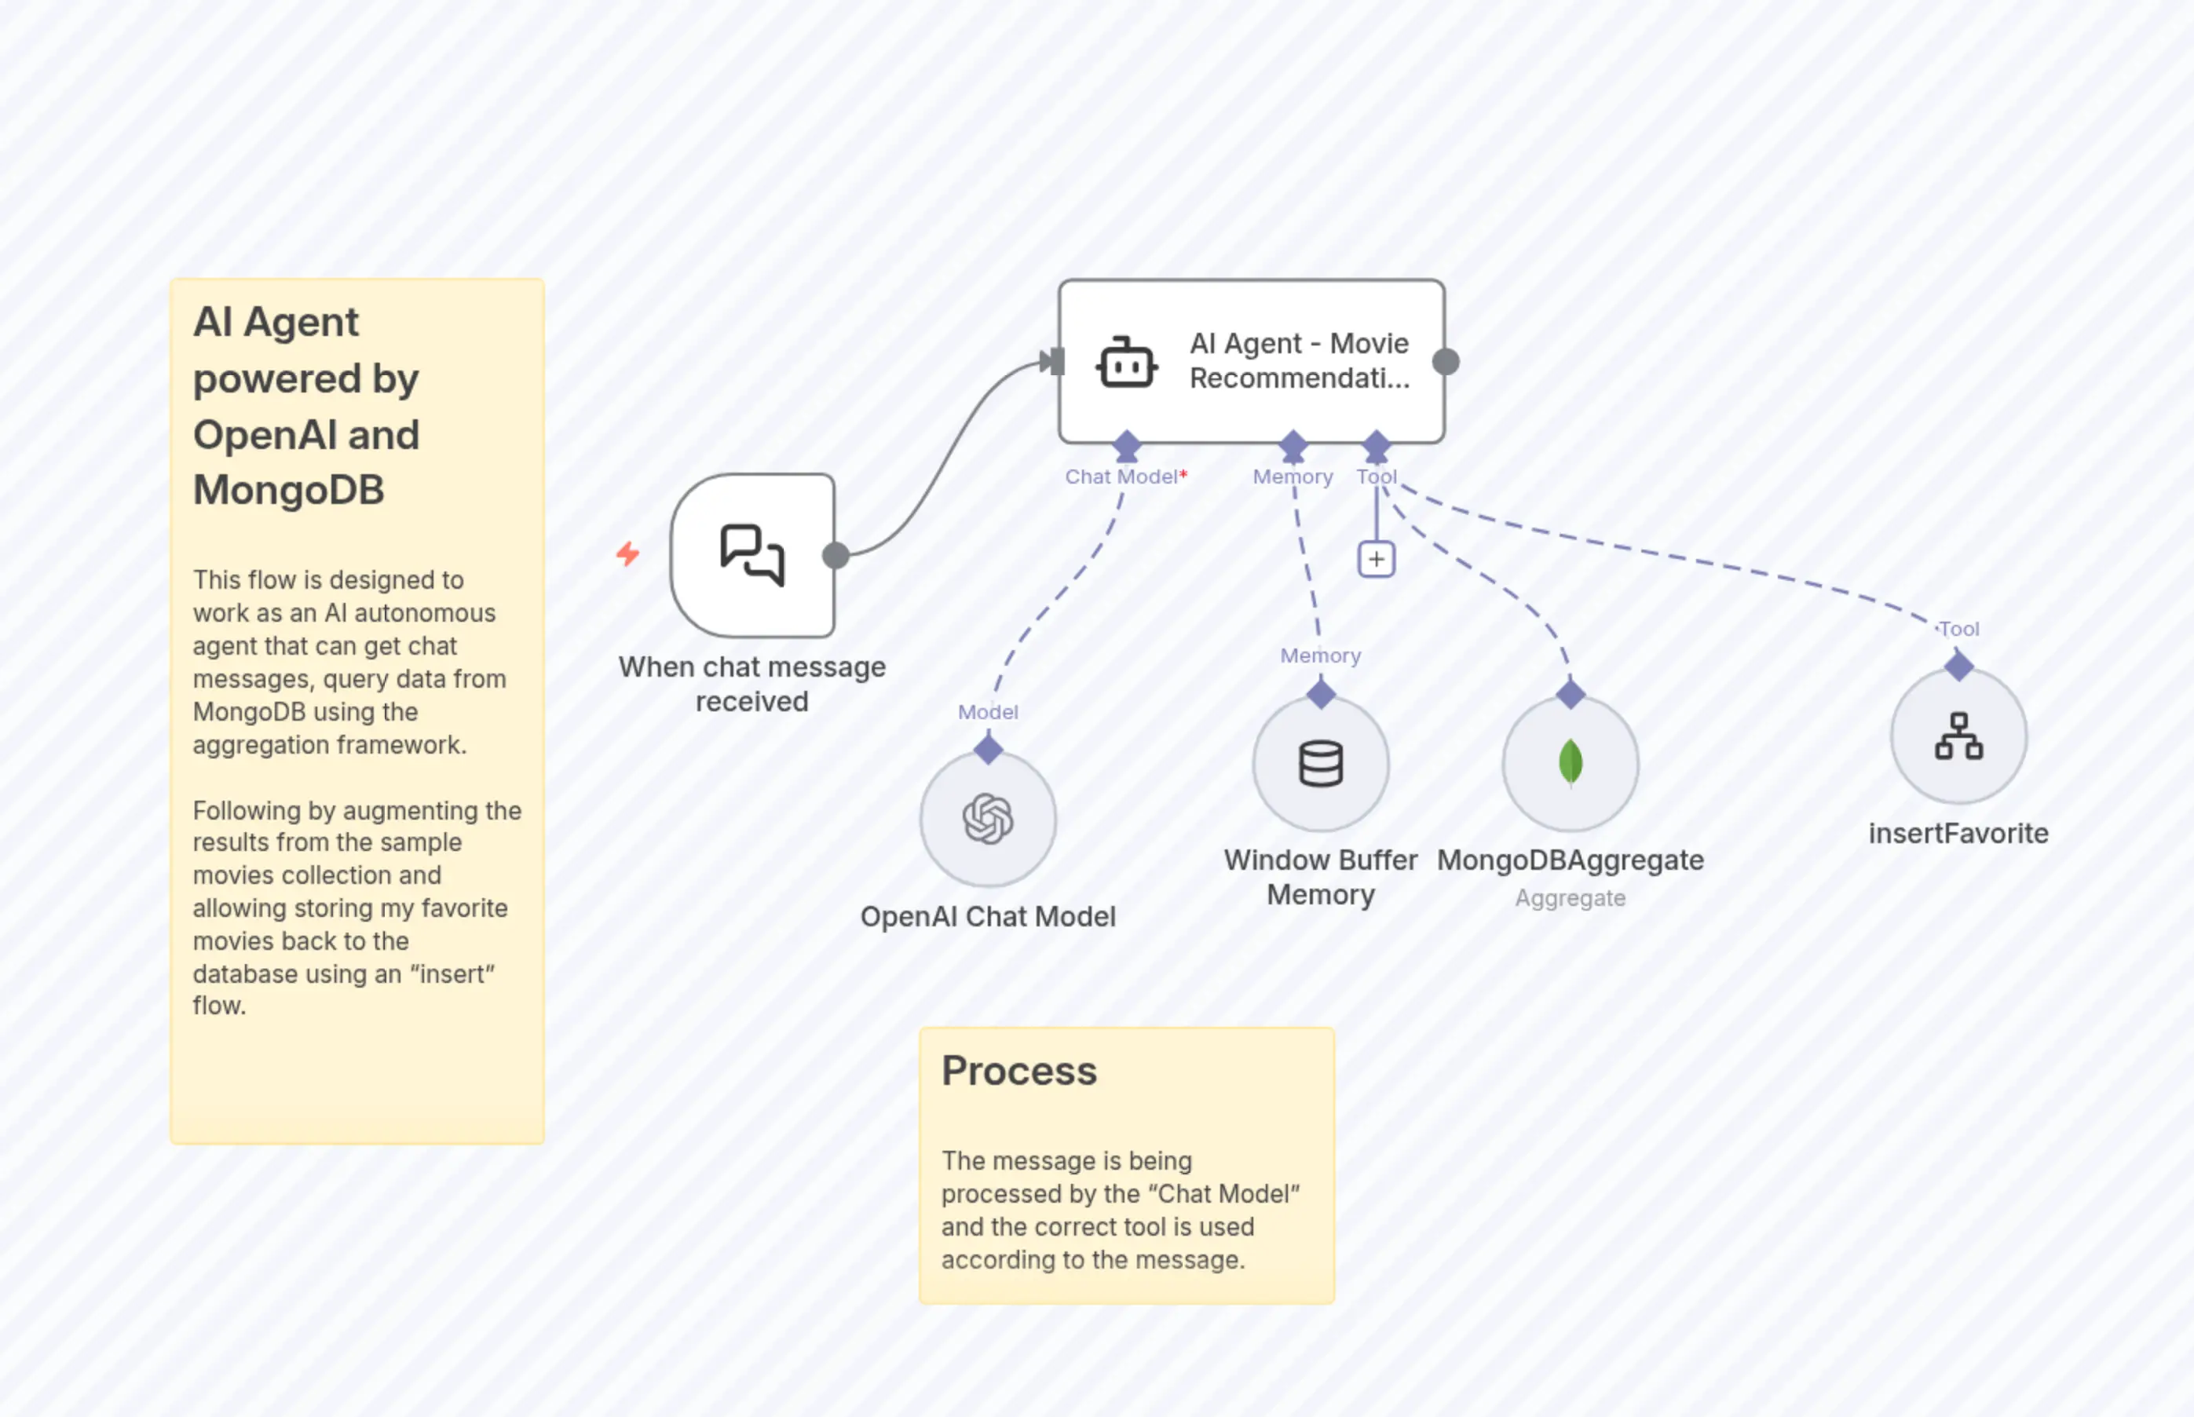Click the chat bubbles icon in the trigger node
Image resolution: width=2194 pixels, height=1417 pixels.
pyautogui.click(x=752, y=555)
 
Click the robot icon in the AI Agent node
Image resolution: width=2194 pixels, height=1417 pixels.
pyautogui.click(x=1127, y=363)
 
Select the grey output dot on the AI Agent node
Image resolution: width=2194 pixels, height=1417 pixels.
pyautogui.click(x=1446, y=362)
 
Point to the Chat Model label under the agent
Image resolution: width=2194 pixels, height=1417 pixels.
pyautogui.click(x=1121, y=477)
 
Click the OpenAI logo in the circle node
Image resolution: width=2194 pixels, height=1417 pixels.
pyautogui.click(x=988, y=818)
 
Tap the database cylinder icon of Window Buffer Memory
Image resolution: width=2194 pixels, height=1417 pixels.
pyautogui.click(x=1321, y=764)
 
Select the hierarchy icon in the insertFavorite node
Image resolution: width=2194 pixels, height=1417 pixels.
pyautogui.click(x=1958, y=736)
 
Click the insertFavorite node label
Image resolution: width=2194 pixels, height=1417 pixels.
pyautogui.click(x=1958, y=834)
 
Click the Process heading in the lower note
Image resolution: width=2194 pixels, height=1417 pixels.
pyautogui.click(x=1018, y=1071)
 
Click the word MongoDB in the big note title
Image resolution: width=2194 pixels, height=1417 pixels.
pyautogui.click(x=288, y=490)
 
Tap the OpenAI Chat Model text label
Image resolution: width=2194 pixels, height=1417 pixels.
pyautogui.click(x=988, y=916)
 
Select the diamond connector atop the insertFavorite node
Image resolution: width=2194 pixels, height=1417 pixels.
pyautogui.click(x=1958, y=665)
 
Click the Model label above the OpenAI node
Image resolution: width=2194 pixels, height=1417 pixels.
pyautogui.click(x=988, y=712)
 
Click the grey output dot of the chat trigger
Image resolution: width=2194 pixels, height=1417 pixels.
pyautogui.click(x=836, y=555)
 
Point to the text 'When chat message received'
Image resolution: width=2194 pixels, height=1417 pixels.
pyautogui.click(x=752, y=684)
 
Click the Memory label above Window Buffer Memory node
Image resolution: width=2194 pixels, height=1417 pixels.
pyautogui.click(x=1320, y=656)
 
